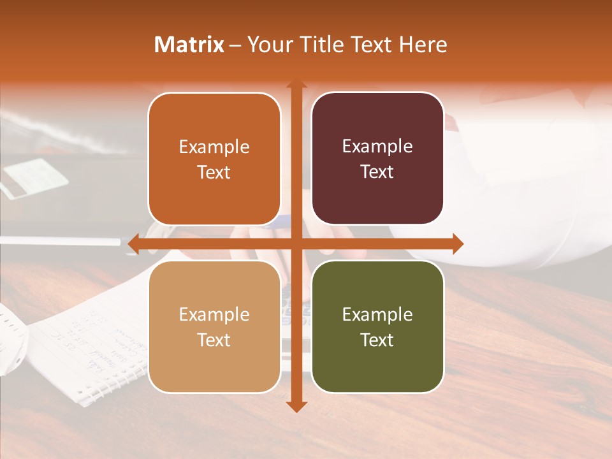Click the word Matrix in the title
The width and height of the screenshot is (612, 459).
click(189, 45)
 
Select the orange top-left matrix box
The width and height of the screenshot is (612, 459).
click(214, 159)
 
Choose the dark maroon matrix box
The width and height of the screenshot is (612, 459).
click(377, 159)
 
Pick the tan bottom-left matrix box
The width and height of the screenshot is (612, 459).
click(214, 326)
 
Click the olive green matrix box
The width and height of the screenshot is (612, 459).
click(377, 326)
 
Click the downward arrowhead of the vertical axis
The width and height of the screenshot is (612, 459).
click(296, 406)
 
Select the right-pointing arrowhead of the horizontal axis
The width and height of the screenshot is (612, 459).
click(457, 244)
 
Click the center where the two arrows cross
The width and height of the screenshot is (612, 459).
click(296, 244)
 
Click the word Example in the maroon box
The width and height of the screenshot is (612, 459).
click(377, 147)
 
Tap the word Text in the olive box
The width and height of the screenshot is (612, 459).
click(377, 340)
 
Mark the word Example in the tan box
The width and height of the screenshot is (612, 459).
click(214, 314)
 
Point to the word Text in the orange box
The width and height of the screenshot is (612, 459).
click(214, 172)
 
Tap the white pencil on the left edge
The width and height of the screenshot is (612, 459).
click(61, 241)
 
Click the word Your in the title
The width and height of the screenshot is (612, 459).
click(267, 45)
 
